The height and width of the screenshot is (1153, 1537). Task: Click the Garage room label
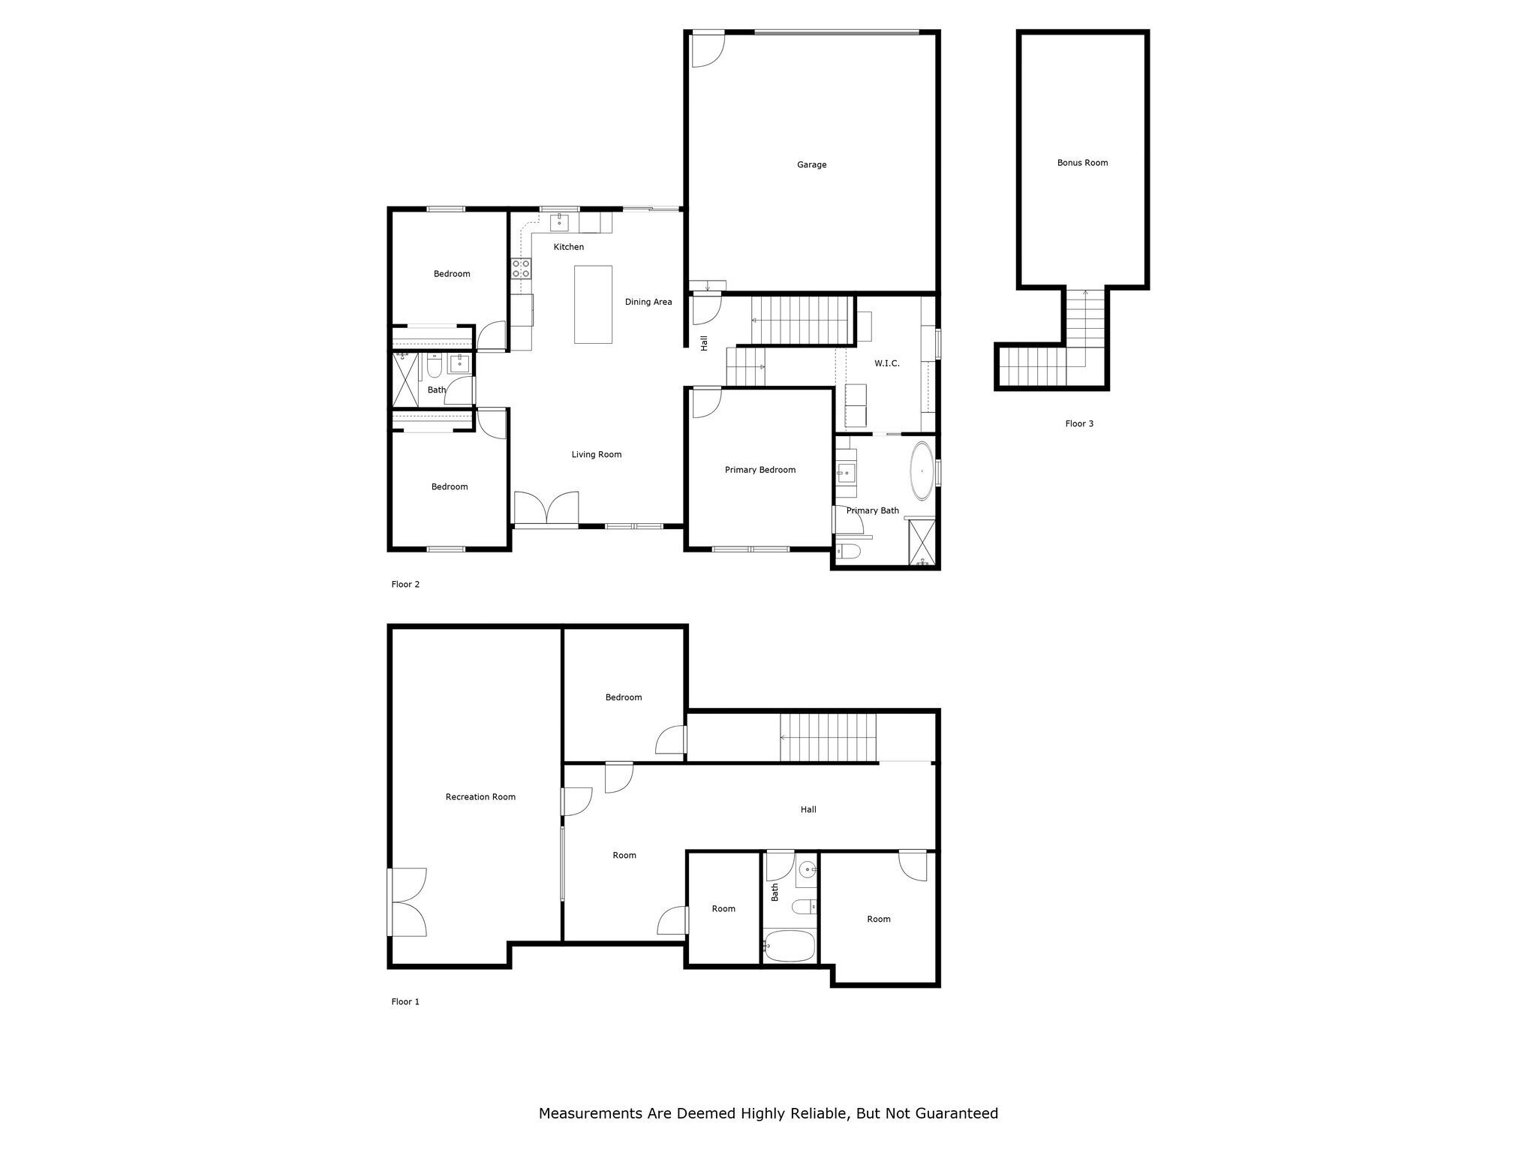pos(811,165)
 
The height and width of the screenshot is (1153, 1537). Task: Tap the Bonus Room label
pos(1082,163)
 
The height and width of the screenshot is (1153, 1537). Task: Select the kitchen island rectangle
pos(593,304)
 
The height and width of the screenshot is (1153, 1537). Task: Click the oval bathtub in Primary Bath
pos(922,471)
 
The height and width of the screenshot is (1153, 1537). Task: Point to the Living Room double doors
pos(546,507)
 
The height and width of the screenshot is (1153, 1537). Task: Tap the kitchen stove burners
pos(522,269)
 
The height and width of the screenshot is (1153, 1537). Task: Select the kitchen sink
pos(560,222)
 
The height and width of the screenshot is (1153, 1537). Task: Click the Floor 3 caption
pos(1079,424)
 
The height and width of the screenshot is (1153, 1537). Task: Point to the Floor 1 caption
pos(405,1001)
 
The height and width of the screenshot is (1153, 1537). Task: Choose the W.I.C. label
pos(887,363)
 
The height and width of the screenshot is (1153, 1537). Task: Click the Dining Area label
pos(648,302)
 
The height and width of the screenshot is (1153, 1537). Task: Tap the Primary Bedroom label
pos(760,470)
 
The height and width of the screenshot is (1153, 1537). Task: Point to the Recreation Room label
pos(480,797)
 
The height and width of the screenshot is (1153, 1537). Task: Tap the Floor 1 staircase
pos(829,737)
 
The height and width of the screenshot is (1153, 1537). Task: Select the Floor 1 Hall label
pos(808,810)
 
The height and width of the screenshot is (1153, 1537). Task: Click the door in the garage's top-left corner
pos(708,50)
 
